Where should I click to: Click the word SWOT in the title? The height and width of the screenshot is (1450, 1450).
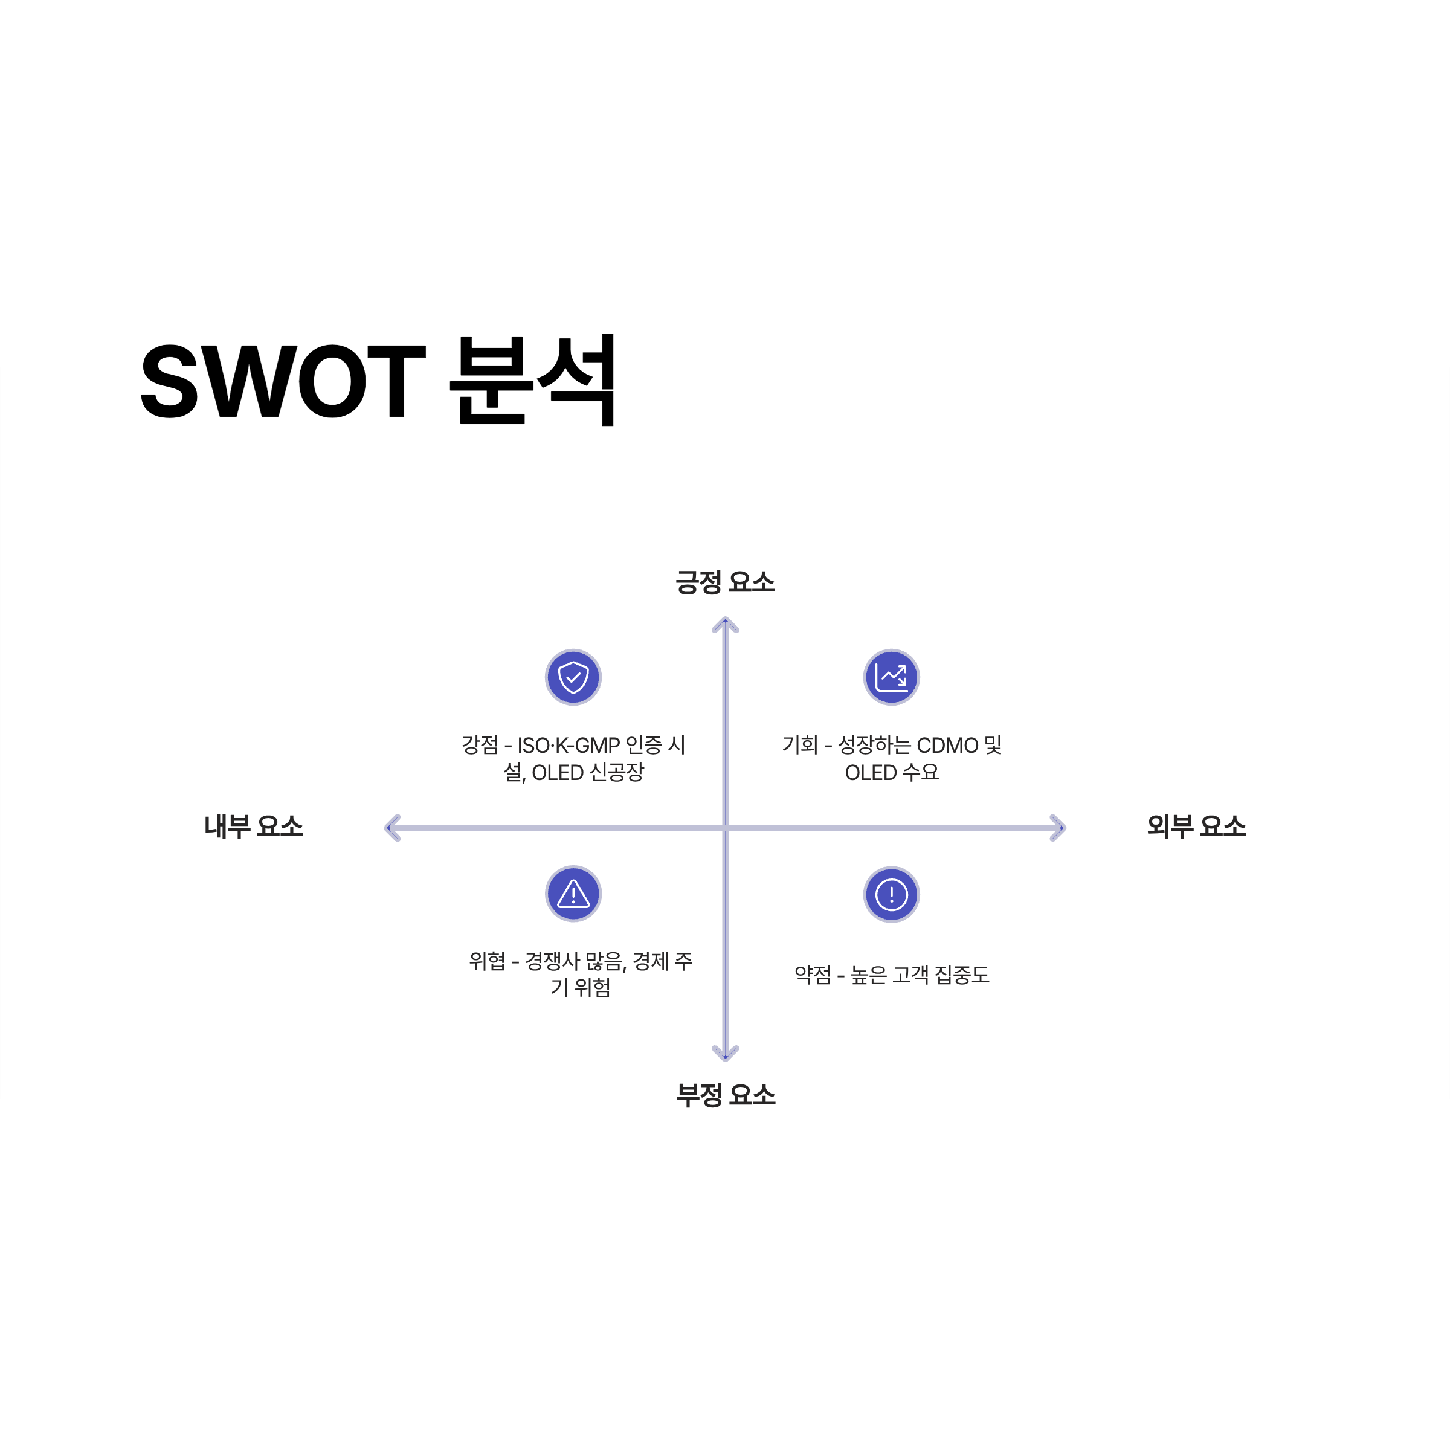point(283,381)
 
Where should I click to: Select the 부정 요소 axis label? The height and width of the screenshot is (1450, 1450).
point(725,1095)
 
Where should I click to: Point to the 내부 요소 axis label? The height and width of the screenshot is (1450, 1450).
point(254,826)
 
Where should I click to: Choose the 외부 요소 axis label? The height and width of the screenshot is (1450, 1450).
point(1196,826)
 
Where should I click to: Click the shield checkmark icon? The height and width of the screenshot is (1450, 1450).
point(573,677)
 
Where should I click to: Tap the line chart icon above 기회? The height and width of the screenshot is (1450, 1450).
point(892,677)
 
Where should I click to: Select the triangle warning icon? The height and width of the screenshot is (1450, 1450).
point(573,894)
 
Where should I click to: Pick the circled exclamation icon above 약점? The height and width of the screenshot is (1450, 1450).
point(892,894)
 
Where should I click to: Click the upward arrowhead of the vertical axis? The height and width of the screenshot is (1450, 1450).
point(725,623)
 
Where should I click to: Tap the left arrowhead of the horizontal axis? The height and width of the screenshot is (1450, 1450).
point(391,828)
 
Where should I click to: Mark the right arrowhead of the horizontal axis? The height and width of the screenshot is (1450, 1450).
point(1059,828)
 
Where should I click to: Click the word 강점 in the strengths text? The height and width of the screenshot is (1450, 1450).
point(480,746)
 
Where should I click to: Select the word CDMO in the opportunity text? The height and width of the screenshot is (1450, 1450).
point(947,746)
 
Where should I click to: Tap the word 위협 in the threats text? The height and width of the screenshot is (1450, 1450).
point(487,961)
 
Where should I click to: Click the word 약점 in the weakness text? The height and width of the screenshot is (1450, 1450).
point(813,975)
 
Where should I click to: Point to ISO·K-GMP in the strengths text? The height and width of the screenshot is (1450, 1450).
point(568,746)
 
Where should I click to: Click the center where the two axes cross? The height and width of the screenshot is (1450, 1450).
point(725,828)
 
